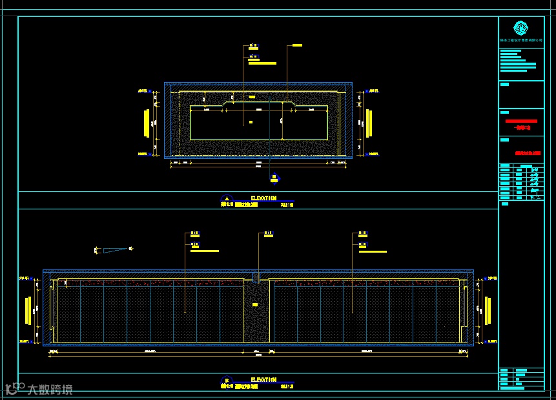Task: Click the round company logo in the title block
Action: coord(520,28)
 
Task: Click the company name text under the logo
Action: coord(520,40)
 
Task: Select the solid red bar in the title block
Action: coord(521,121)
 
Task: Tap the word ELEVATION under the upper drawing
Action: coord(263,198)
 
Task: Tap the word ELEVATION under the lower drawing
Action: coord(263,380)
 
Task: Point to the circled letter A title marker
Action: coord(226,199)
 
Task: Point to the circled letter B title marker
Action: coord(226,381)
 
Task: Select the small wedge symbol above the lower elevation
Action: coord(114,249)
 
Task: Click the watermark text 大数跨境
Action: coord(50,390)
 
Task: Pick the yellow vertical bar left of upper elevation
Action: coord(147,123)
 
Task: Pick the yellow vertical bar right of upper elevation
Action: coord(369,123)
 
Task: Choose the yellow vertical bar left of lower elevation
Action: coord(28,310)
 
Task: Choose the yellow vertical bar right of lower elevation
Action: coord(487,310)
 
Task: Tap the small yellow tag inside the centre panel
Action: coord(255,305)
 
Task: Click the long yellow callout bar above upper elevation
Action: coord(262,63)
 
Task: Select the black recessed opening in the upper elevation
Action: coord(258,126)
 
